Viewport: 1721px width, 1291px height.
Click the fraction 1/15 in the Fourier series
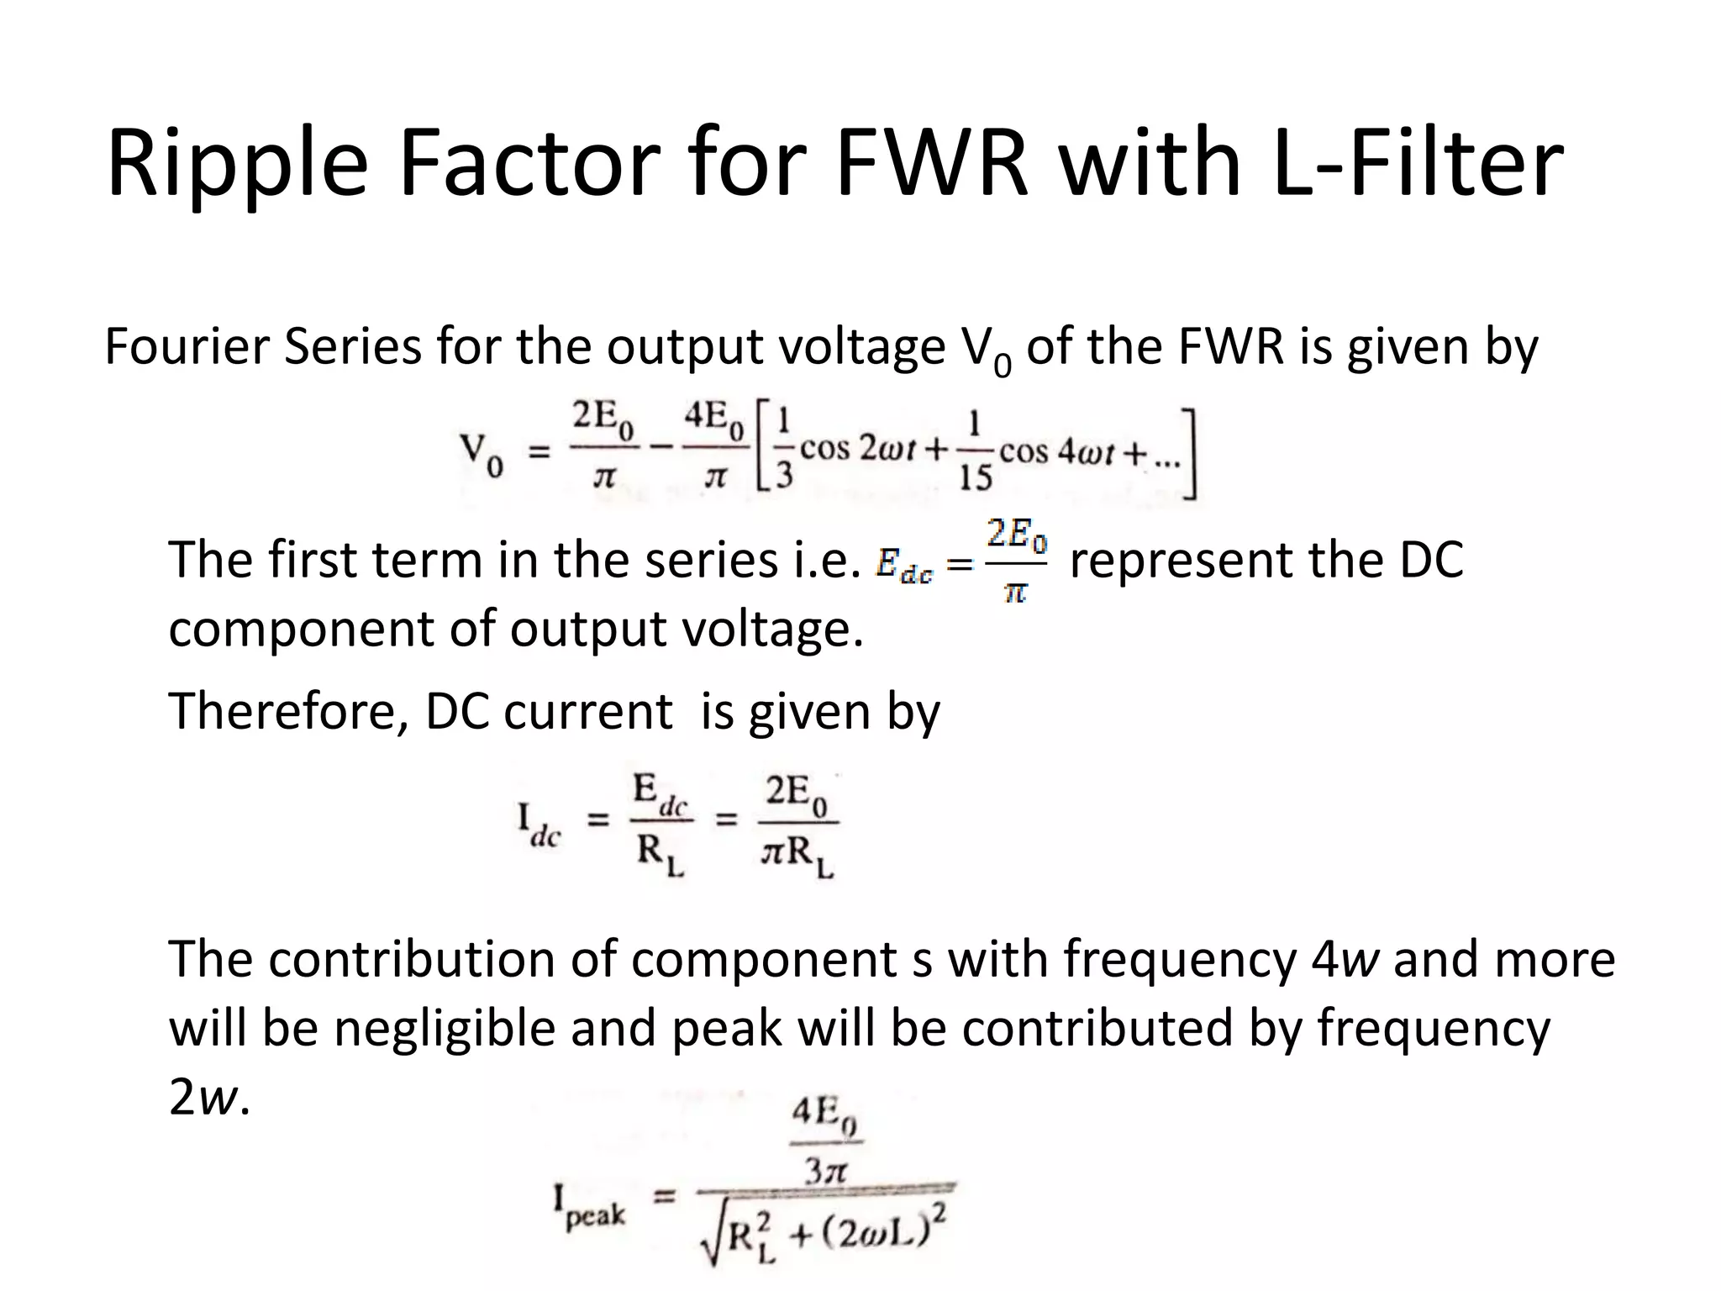coord(974,451)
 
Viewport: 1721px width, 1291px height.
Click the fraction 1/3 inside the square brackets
coord(784,451)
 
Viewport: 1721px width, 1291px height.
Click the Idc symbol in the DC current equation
coord(538,825)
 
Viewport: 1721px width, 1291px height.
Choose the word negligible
coord(445,1028)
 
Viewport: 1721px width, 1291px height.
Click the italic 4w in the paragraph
coord(1345,959)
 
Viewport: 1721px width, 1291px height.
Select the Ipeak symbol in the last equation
coord(589,1209)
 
